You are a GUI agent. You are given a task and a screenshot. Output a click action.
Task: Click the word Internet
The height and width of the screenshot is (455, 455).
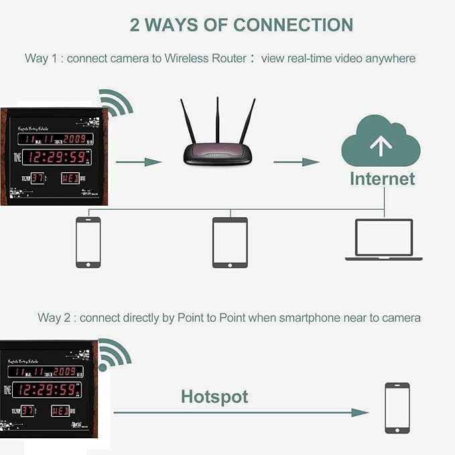pos(382,179)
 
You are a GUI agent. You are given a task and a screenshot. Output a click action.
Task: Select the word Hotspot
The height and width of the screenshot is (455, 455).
pos(214,396)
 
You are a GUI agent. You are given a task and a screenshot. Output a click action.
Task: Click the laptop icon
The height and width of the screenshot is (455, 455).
pos(384,239)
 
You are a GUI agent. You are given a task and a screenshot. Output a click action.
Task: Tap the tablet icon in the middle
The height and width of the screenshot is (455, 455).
pos(230,243)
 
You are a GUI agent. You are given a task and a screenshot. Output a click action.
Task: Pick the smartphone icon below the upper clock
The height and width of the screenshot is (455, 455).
pos(88,243)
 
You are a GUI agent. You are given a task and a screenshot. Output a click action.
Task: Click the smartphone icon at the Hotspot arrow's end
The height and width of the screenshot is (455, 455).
pos(397,408)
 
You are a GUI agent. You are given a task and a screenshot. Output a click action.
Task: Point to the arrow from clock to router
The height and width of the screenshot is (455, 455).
pos(139,162)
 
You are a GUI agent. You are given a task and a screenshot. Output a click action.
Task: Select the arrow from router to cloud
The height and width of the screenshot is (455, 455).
pos(296,162)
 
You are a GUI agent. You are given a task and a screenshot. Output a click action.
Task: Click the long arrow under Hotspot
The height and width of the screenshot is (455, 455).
pos(241,413)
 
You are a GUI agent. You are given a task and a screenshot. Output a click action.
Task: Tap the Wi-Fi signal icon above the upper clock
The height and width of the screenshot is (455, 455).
pos(116,103)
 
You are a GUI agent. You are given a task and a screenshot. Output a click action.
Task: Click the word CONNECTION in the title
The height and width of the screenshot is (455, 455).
pos(293,25)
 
